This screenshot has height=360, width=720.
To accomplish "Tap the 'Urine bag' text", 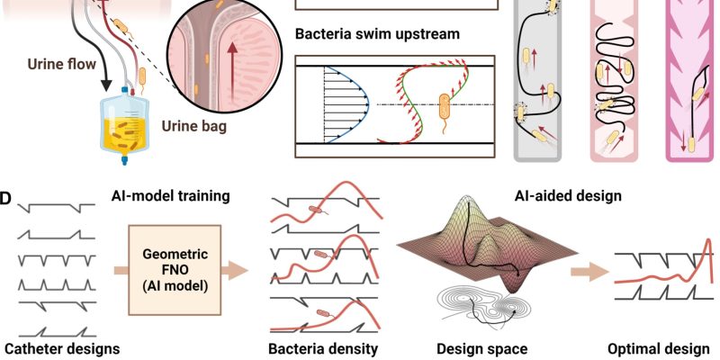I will (x=194, y=126).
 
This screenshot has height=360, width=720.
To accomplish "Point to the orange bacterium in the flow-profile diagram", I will (x=445, y=107).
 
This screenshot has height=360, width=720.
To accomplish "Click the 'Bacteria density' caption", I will (x=323, y=348).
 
